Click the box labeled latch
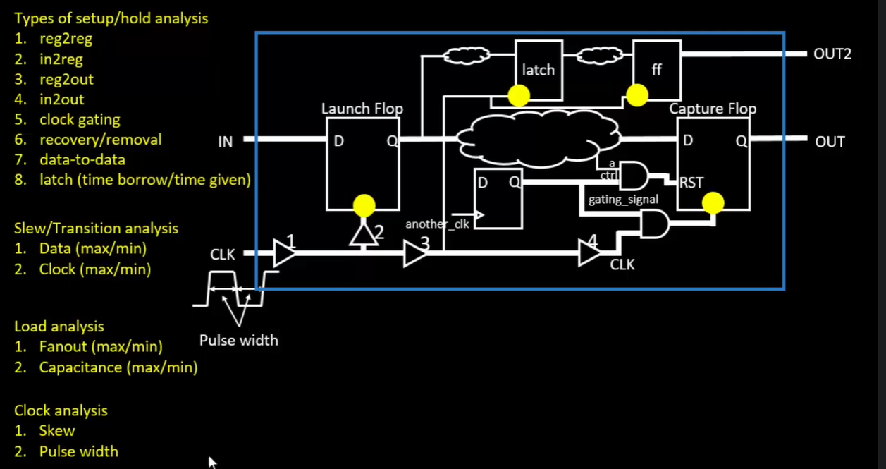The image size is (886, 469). click(539, 70)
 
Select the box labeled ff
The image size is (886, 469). click(657, 70)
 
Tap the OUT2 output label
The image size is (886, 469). click(832, 54)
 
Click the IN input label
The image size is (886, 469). click(226, 142)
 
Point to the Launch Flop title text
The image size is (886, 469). click(362, 109)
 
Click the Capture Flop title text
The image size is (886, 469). click(713, 109)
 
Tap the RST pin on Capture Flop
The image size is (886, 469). click(691, 183)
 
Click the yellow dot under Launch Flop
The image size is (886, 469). click(364, 205)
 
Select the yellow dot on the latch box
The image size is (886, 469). click(519, 95)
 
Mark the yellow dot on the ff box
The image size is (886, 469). click(636, 95)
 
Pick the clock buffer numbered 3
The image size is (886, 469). click(414, 253)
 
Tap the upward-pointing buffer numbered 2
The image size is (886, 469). click(364, 235)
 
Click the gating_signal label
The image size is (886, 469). click(623, 200)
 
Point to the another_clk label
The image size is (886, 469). click(437, 224)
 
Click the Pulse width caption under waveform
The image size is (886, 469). click(239, 341)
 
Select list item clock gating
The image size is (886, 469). click(80, 119)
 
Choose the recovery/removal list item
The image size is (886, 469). click(101, 140)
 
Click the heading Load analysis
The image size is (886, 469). click(59, 327)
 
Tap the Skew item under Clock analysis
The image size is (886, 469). click(57, 431)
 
